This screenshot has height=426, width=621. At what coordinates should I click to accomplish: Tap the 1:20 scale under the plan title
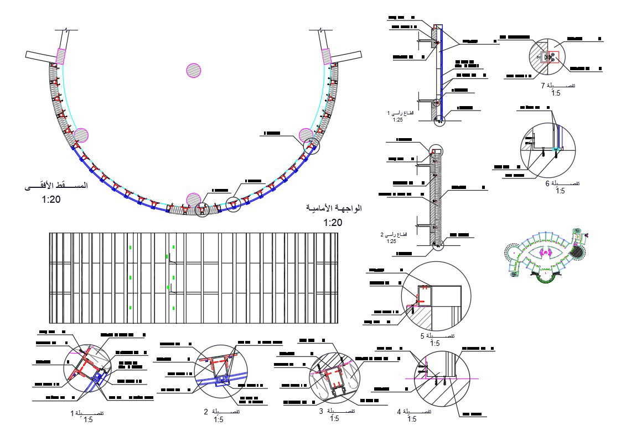(x=51, y=199)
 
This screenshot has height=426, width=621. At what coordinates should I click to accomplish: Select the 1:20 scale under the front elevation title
(x=333, y=223)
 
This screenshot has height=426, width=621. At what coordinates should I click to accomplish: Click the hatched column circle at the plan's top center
(x=193, y=70)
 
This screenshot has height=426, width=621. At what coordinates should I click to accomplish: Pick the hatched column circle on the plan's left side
(x=81, y=135)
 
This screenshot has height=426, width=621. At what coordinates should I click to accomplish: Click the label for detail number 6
(x=562, y=183)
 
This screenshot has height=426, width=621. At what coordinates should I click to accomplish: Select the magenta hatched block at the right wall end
(x=326, y=56)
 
